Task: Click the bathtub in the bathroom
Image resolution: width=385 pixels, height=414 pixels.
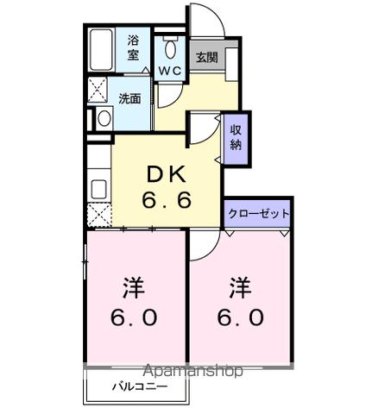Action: tap(103, 51)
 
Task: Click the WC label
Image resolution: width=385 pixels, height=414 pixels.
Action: tap(169, 71)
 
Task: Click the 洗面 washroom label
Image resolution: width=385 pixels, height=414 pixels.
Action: tap(130, 97)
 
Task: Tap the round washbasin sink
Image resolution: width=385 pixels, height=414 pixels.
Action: tap(104, 117)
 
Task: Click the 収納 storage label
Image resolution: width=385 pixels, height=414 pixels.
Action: tap(237, 136)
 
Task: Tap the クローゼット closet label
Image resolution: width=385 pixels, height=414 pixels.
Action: tap(258, 213)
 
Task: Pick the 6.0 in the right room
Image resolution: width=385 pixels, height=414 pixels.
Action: tap(241, 317)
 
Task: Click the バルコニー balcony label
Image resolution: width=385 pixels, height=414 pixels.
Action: tap(137, 387)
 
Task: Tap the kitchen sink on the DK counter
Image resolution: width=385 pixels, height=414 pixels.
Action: tap(98, 188)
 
